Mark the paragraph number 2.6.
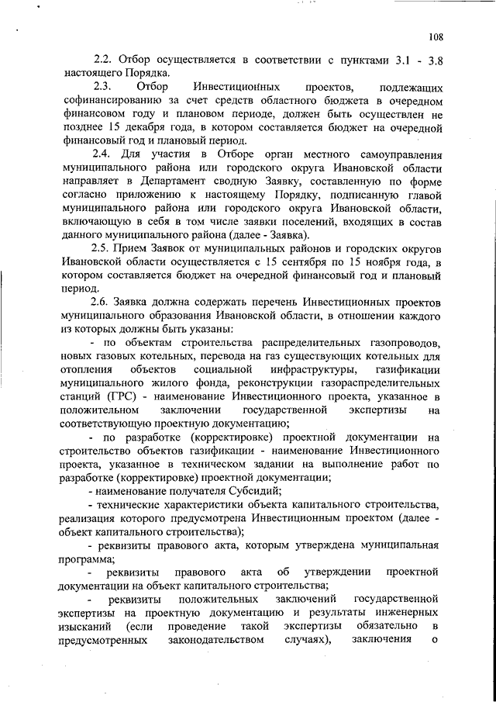coord(104,301)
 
